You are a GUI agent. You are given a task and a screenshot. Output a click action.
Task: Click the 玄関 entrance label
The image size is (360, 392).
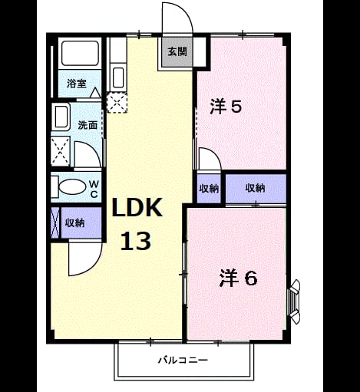coord(177,52)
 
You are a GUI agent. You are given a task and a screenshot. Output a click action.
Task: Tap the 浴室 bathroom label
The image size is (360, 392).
coord(77,84)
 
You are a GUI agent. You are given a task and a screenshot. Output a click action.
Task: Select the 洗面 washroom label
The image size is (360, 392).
coord(88,125)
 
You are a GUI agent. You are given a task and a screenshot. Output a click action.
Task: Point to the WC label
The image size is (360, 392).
coord(94,189)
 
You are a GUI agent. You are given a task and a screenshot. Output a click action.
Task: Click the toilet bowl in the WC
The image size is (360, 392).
coord(72,187)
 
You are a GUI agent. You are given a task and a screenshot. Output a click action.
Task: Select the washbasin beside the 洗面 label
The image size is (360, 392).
coord(61,117)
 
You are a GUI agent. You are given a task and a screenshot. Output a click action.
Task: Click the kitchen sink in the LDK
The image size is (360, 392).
coord(118,78)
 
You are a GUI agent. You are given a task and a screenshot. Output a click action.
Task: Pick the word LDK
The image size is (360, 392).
coord(137,208)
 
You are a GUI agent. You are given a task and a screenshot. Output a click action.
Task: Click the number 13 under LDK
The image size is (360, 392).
coord(136,241)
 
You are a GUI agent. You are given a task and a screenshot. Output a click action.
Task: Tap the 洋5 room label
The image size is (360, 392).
coord(226,107)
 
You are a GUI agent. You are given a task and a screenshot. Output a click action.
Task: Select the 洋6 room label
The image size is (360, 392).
coord(238,278)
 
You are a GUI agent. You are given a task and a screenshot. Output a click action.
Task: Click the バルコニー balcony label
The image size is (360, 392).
coord(183,361)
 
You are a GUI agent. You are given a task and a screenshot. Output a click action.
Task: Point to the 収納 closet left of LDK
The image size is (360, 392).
coord(74,223)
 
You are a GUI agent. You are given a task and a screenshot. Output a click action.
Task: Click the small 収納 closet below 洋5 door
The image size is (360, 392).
coord(209,189)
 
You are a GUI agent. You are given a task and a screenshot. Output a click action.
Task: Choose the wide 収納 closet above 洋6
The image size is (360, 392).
coord(255,188)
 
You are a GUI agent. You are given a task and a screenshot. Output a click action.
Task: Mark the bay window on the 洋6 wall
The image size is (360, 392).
coord(295,301)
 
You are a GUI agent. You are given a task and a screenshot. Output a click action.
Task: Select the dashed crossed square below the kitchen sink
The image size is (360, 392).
coord(117,103)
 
